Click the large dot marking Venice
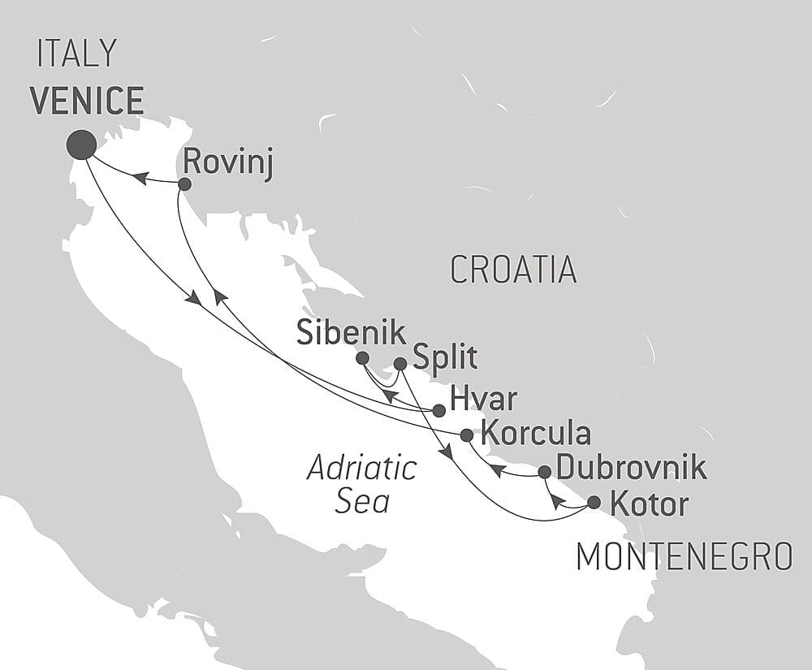click(81, 145)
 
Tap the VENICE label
click(87, 101)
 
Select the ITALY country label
click(77, 54)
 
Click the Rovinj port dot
click(184, 184)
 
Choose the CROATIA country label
click(513, 270)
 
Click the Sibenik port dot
click(362, 358)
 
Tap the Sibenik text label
click(351, 333)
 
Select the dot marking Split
click(400, 364)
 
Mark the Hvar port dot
click(438, 411)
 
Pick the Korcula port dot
click(466, 435)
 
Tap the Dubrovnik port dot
click(545, 472)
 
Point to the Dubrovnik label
click(632, 469)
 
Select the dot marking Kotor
click(594, 503)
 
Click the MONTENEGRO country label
click(684, 557)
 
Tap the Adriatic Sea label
click(362, 485)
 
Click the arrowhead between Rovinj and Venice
click(140, 178)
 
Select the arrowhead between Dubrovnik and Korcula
click(498, 469)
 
